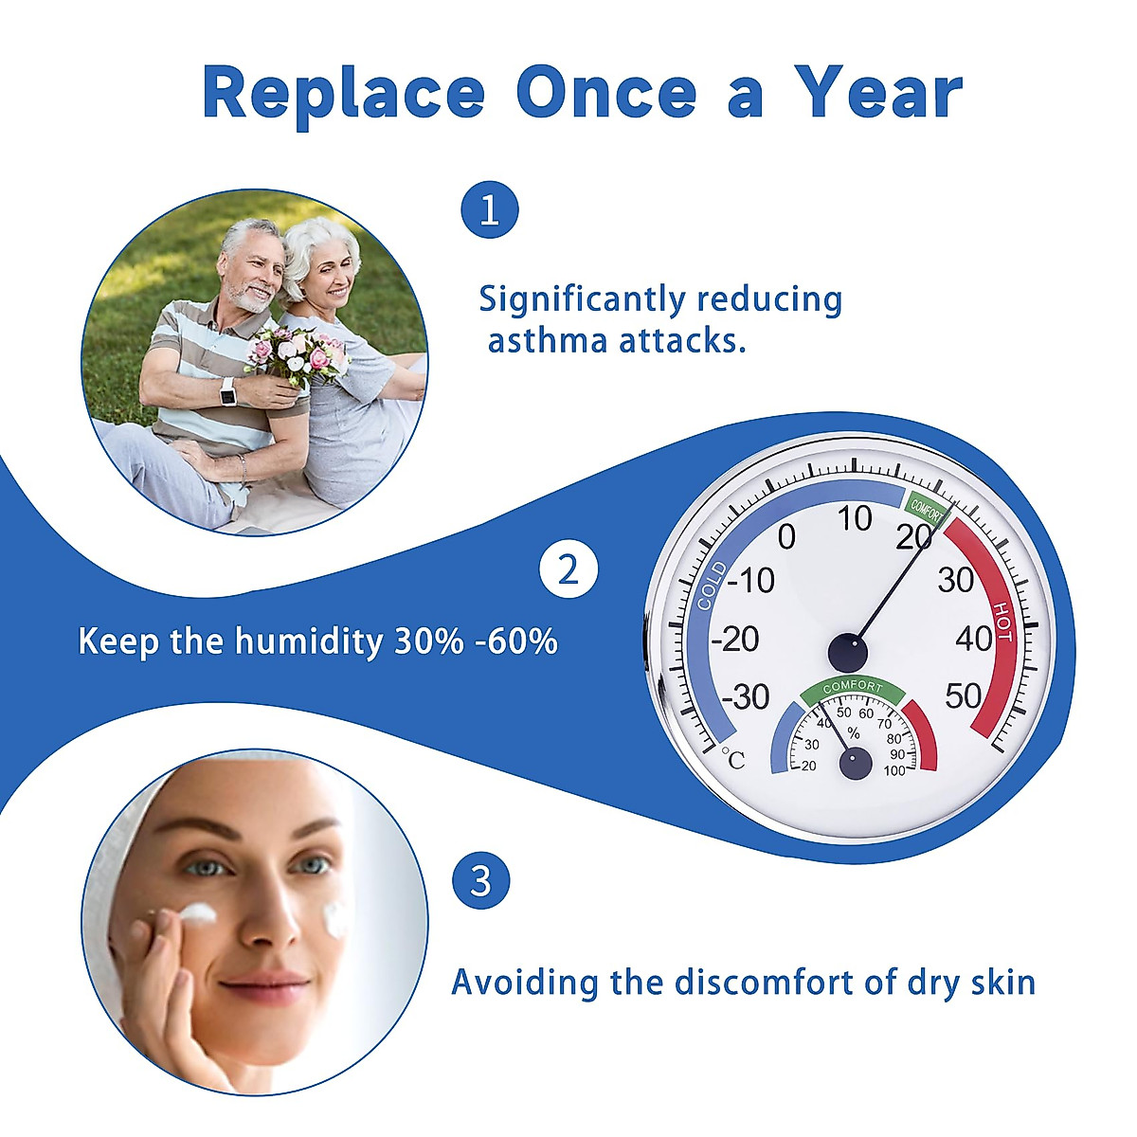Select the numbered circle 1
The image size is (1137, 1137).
490,210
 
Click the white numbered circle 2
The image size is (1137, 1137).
568,569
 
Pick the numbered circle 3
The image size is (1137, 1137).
481,881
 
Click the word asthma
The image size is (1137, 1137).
547,341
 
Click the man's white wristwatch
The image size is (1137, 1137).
227,391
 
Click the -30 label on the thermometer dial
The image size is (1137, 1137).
746,696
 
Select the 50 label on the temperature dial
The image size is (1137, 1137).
964,695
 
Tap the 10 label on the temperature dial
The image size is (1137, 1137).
855,518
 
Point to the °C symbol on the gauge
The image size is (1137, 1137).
732,759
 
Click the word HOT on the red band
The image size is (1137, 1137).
1003,622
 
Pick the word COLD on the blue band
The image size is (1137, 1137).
713,586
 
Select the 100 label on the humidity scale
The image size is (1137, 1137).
894,770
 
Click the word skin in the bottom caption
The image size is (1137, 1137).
1002,983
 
